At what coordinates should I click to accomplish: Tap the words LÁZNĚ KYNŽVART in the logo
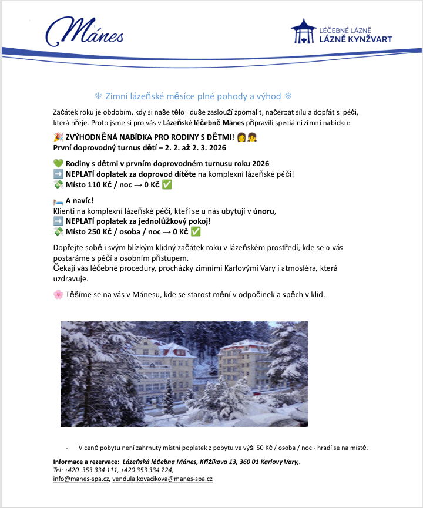coord(355,39)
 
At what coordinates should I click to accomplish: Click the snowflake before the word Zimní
coord(98,96)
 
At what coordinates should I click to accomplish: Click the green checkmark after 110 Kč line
coord(167,184)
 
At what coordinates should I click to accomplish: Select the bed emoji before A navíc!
coord(58,201)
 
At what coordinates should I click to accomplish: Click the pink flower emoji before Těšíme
coord(58,294)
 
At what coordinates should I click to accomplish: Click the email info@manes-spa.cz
coord(81,479)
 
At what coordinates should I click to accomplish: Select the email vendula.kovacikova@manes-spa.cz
coord(162,479)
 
